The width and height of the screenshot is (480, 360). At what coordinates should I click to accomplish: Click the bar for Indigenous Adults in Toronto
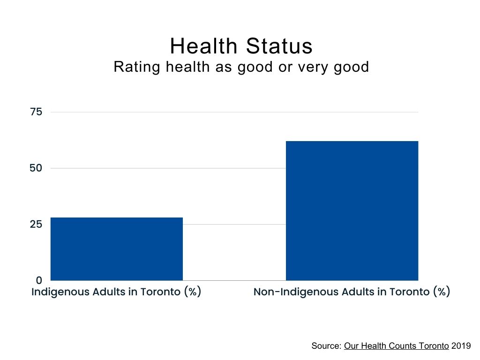click(x=116, y=249)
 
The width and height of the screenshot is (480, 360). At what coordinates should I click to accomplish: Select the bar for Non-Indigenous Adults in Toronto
click(x=352, y=210)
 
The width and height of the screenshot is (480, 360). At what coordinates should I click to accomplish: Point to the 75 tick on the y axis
click(x=36, y=112)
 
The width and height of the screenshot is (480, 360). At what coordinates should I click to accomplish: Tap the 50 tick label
click(x=36, y=168)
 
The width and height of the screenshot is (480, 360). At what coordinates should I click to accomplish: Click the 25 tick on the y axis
click(x=36, y=224)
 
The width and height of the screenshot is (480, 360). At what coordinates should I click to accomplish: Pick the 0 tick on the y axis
click(x=39, y=280)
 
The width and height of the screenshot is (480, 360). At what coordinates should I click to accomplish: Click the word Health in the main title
click(x=203, y=46)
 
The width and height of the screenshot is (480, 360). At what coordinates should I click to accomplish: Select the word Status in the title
click(x=278, y=46)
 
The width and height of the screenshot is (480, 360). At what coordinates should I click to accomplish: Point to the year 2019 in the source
click(x=461, y=346)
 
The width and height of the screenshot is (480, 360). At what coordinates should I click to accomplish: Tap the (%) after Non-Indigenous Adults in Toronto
click(x=441, y=292)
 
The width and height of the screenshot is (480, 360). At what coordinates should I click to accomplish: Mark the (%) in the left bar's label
click(x=192, y=292)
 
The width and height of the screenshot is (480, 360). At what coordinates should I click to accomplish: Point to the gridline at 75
click(x=234, y=112)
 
